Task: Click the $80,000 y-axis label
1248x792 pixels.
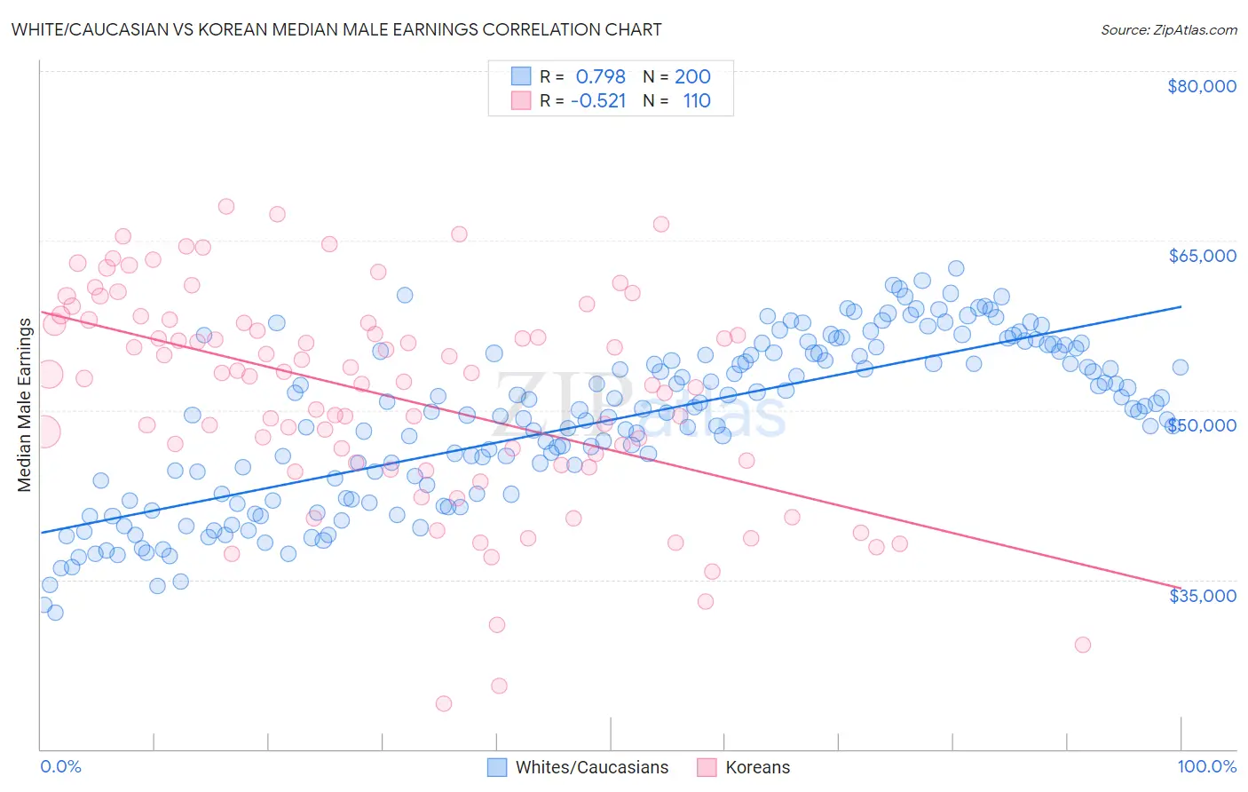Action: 1201,86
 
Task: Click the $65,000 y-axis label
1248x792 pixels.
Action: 1201,256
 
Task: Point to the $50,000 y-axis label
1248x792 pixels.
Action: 1201,425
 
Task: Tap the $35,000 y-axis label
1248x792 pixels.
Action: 1201,595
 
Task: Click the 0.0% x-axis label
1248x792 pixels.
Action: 60,766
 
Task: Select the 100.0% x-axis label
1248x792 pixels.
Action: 1206,766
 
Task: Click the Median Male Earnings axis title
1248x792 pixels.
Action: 25,404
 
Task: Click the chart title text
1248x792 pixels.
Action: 336,29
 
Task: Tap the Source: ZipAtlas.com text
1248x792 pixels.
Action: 1168,29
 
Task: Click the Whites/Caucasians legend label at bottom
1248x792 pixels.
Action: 592,767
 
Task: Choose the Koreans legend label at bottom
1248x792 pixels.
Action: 757,767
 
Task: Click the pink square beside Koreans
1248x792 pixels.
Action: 707,767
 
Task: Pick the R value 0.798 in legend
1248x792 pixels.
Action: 600,77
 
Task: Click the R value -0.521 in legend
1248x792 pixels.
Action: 597,101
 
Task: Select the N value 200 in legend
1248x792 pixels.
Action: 692,77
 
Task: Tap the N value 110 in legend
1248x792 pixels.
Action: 697,101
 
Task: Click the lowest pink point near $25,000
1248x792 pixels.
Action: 444,703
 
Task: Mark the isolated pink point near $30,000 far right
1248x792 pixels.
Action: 1082,645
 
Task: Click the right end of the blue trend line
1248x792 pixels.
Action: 1181,306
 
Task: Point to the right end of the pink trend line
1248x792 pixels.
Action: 1181,588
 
